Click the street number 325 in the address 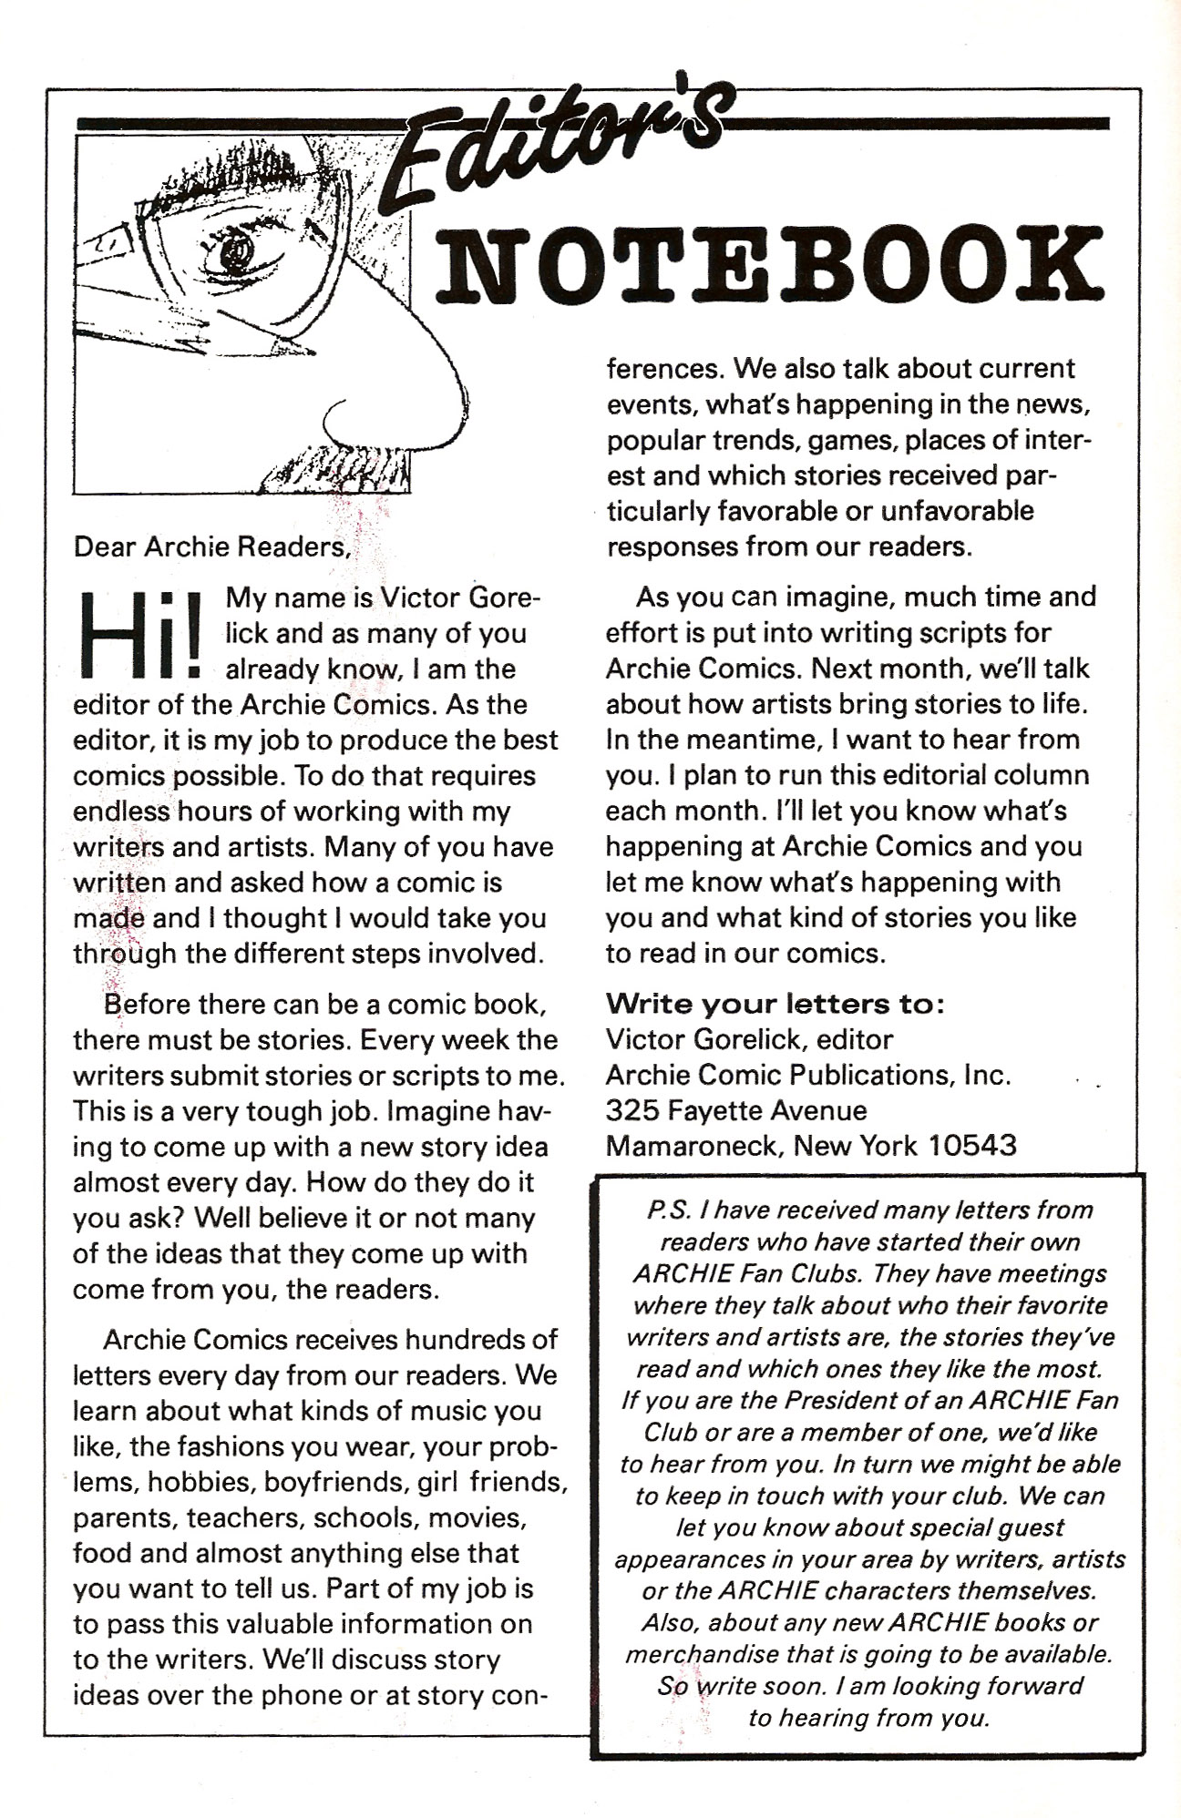pyautogui.click(x=632, y=1110)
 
